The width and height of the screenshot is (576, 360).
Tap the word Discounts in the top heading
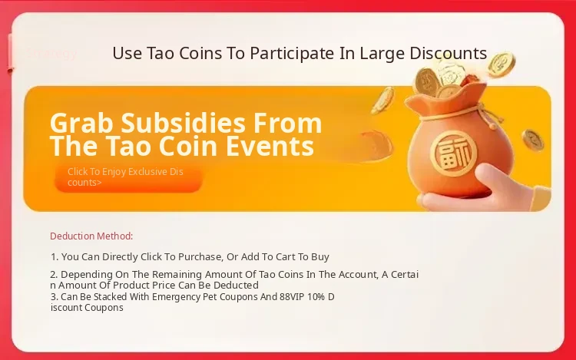pyautogui.click(x=449, y=53)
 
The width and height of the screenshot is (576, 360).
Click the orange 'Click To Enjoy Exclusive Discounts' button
pyautogui.click(x=128, y=177)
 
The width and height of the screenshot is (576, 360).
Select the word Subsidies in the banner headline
pyautogui.click(x=183, y=123)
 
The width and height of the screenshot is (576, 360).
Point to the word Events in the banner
pyautogui.click(x=270, y=146)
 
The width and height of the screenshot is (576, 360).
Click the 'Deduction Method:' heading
pyautogui.click(x=91, y=236)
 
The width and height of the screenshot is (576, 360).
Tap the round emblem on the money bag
pyautogui.click(x=454, y=153)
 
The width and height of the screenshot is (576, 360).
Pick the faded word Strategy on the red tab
pyautogui.click(x=51, y=54)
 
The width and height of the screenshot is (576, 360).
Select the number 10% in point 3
pyautogui.click(x=316, y=296)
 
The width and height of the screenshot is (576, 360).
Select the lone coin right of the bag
pyautogui.click(x=533, y=140)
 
